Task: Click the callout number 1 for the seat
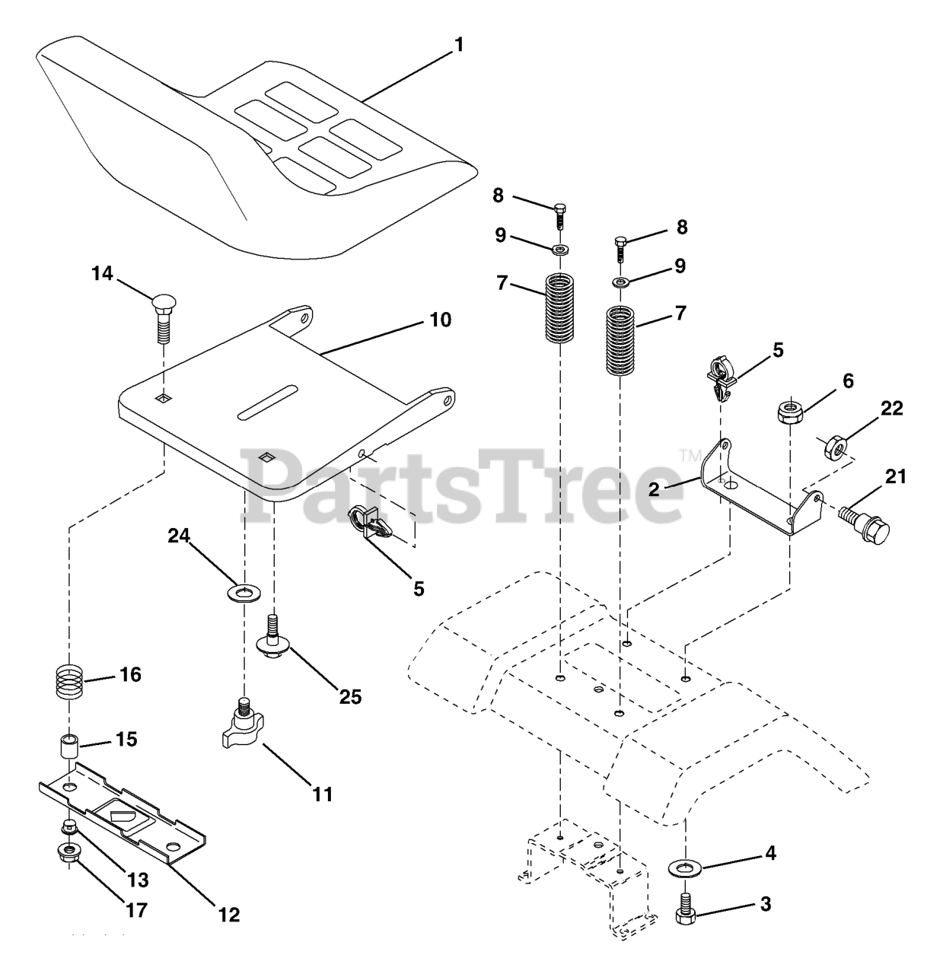pyautogui.click(x=458, y=45)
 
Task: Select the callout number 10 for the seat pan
pyautogui.click(x=441, y=320)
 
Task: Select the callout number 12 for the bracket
pyautogui.click(x=229, y=915)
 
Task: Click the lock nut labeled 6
pyautogui.click(x=788, y=413)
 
